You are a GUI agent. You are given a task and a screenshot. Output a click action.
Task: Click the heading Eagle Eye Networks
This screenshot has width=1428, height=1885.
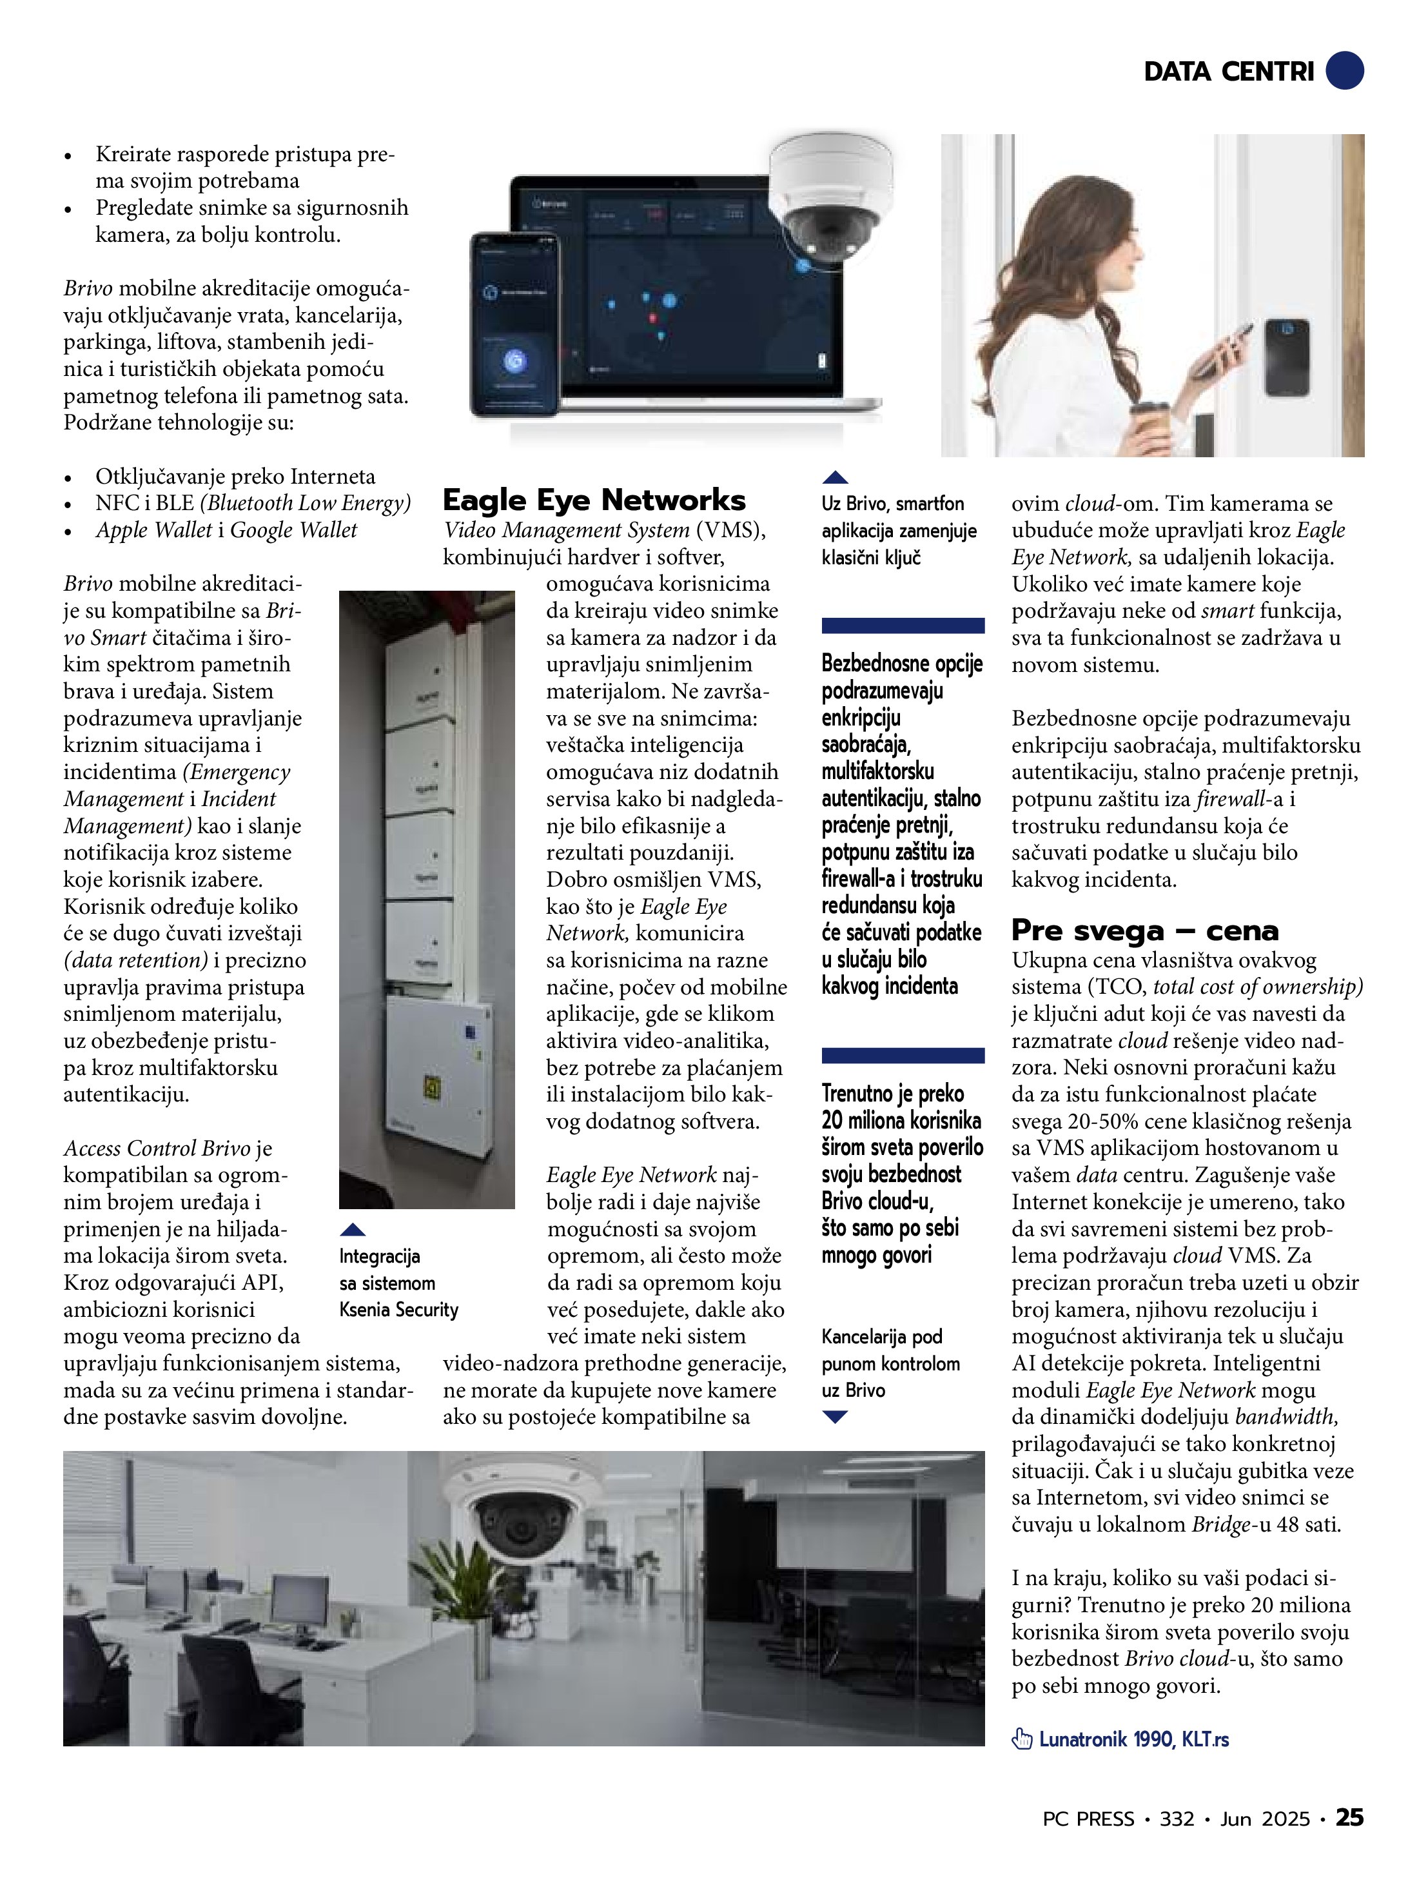tap(594, 500)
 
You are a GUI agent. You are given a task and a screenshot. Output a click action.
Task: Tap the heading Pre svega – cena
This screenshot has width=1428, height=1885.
tap(1144, 930)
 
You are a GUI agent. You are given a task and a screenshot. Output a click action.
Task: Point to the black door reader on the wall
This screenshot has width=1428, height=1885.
tap(1287, 357)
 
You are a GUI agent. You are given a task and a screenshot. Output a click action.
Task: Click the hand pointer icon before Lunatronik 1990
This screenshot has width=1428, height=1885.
tap(1021, 1739)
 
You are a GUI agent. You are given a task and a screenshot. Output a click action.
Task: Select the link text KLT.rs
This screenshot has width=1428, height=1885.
tap(1205, 1739)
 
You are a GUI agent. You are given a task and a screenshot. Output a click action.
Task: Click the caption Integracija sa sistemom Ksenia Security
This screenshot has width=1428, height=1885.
tap(398, 1283)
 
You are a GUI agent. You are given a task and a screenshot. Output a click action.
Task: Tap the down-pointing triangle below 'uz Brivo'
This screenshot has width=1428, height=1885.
tap(835, 1417)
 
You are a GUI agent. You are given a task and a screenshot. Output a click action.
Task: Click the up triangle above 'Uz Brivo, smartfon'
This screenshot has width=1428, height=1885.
tap(835, 478)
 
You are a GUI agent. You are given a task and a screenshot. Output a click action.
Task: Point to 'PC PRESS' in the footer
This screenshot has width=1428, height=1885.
tap(1088, 1819)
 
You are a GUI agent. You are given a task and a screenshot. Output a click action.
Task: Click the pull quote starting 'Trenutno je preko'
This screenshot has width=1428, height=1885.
tap(901, 1174)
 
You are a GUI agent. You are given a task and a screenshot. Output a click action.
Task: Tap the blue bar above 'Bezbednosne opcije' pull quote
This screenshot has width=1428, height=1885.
tap(903, 626)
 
